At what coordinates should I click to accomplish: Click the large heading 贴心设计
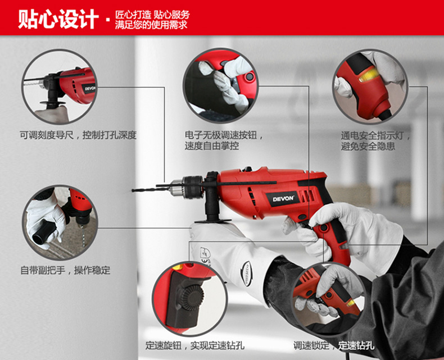click(58, 19)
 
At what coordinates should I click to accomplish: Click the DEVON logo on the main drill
click(283, 199)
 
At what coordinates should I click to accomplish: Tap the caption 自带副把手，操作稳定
click(65, 270)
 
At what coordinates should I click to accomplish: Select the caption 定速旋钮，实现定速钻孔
click(194, 345)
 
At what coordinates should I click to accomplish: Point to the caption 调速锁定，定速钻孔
click(334, 345)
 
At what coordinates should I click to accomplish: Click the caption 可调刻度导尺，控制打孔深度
click(78, 135)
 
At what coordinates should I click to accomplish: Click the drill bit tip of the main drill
click(133, 191)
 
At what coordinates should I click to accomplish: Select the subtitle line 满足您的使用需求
click(151, 25)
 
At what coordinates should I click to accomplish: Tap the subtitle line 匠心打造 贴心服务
click(152, 15)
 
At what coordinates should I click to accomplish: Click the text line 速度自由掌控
click(212, 146)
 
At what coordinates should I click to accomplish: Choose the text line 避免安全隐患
click(368, 147)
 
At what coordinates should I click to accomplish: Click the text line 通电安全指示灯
click(372, 135)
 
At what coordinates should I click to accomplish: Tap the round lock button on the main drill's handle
click(324, 227)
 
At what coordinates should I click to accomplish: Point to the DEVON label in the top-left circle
click(90, 88)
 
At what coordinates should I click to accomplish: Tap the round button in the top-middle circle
click(250, 76)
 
